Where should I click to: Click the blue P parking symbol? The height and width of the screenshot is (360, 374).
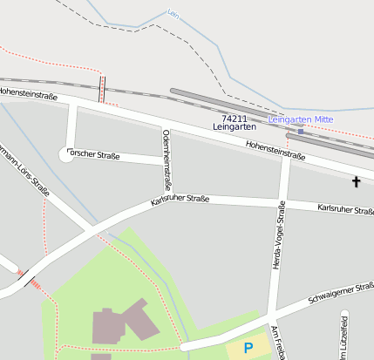[248, 348]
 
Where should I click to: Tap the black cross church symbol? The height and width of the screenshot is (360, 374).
[356, 182]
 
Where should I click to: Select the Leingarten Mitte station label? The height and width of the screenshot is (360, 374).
[302, 119]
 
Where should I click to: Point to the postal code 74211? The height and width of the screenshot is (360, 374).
[234, 118]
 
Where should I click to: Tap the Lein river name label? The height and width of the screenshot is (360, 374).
[173, 13]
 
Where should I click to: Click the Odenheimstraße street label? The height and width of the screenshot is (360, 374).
[167, 160]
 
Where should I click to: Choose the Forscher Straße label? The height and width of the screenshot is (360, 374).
[99, 158]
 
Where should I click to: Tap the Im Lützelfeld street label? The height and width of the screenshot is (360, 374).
[345, 336]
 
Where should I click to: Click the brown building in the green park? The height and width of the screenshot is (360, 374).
[123, 324]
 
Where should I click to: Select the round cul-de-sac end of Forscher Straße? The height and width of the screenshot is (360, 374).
[66, 154]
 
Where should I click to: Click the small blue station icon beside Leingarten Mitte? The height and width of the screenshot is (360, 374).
[301, 131]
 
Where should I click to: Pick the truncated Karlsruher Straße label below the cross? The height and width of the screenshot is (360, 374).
[345, 209]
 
